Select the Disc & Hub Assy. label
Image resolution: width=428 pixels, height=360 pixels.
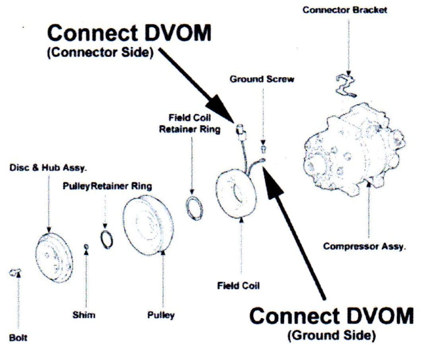point(48,168)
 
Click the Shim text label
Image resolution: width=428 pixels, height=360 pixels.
point(84,315)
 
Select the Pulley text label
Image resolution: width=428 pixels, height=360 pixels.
point(161,316)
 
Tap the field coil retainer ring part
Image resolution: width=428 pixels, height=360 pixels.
point(194,207)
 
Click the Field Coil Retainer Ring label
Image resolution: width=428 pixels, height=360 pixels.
point(190,124)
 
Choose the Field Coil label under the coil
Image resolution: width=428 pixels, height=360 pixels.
point(238,286)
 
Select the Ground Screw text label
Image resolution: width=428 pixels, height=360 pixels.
point(262,79)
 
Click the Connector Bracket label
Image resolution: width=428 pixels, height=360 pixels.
point(344,10)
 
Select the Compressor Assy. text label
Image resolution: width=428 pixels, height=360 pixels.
point(364,246)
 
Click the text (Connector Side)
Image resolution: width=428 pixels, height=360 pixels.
point(100,53)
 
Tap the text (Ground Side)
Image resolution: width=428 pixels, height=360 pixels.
point(331,336)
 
